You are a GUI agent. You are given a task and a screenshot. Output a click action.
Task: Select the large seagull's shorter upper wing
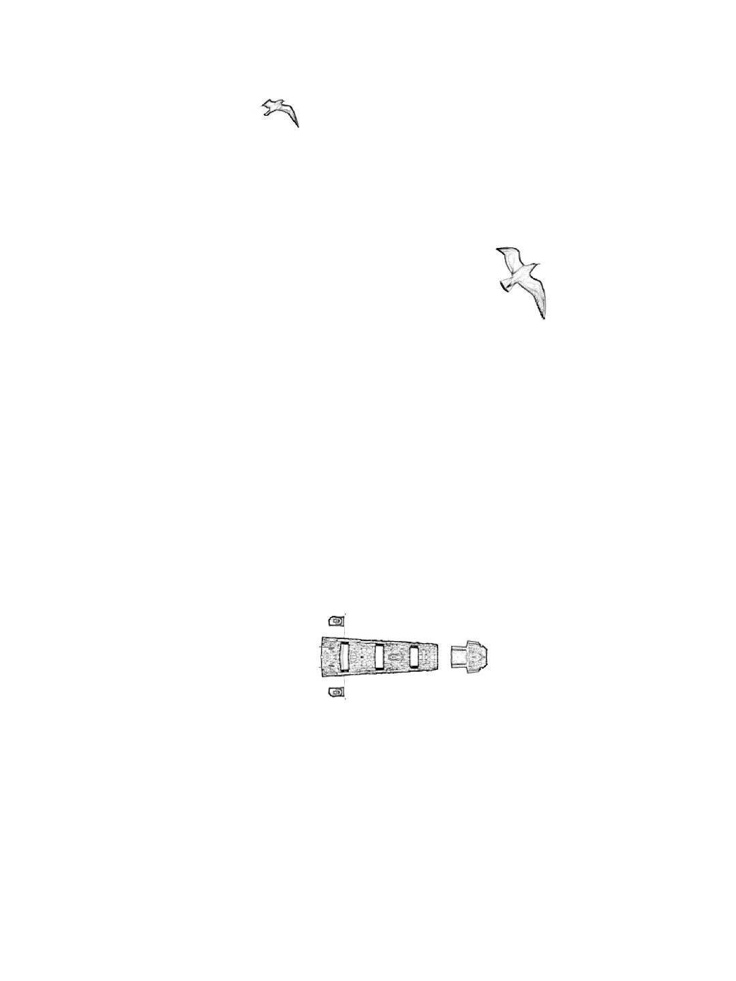508,255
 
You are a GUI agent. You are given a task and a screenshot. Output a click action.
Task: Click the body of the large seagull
521,275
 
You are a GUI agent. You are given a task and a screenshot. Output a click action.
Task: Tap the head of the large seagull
535,266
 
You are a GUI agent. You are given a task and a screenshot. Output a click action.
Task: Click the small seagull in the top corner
279,109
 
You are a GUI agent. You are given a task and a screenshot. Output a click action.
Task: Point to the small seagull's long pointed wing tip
297,125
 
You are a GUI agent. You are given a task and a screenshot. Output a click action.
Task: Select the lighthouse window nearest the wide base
344,657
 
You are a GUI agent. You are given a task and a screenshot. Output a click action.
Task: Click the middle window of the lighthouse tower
380,656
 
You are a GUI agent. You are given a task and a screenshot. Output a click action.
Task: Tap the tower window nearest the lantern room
414,656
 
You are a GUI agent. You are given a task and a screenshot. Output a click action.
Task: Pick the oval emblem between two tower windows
395,657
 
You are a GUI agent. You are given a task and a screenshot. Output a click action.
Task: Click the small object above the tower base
336,621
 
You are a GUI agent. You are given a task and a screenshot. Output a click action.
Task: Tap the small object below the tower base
336,692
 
